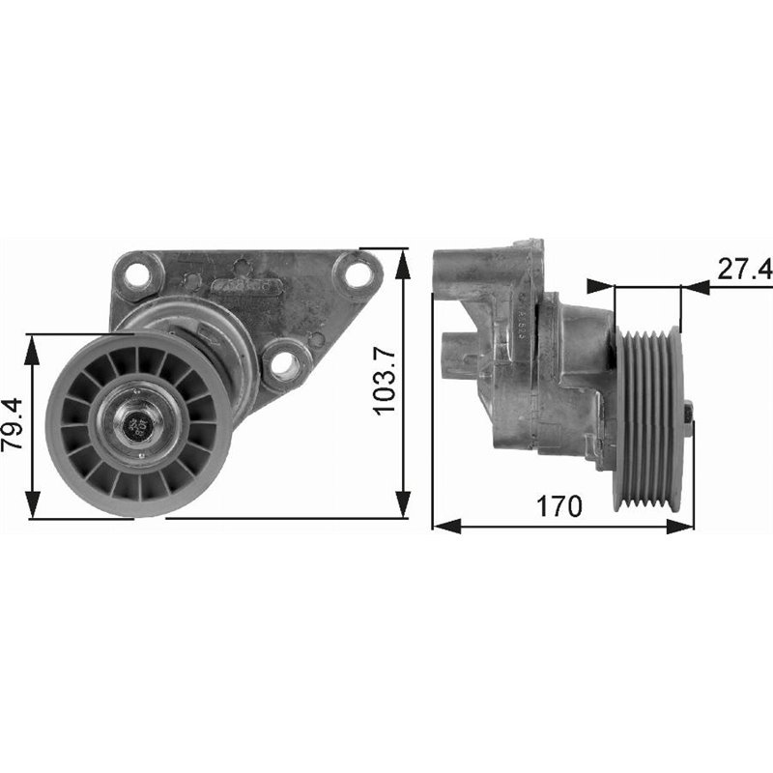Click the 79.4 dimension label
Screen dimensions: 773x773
[14, 426]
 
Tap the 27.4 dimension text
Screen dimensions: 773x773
[744, 270]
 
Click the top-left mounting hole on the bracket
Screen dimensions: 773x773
[137, 275]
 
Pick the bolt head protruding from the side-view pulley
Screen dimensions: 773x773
[688, 413]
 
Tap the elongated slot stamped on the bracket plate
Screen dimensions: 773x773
[246, 287]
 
